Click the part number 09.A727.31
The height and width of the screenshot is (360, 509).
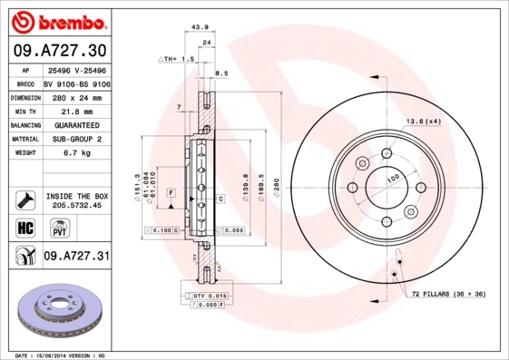click(76, 257)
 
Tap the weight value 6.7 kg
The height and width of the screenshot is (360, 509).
click(76, 153)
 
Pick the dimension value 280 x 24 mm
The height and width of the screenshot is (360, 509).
click(76, 96)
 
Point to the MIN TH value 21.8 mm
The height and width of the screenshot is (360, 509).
click(76, 110)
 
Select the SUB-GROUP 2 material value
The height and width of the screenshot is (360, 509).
click(76, 139)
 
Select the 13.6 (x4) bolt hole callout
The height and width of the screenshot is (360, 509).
click(422, 121)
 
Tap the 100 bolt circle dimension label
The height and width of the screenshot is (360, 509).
click(393, 179)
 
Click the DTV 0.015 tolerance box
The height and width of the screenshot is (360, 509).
click(206, 296)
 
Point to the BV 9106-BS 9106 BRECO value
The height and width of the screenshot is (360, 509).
click(76, 82)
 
